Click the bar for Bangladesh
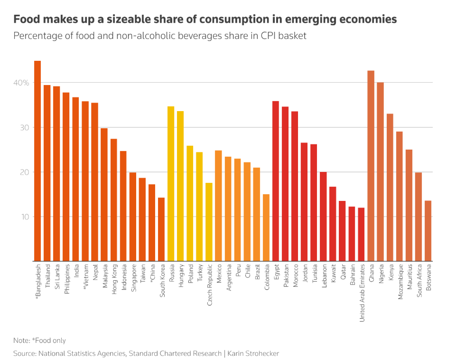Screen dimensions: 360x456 point(37,161)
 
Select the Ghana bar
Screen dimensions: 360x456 point(371,166)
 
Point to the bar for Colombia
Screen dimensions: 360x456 point(266,227)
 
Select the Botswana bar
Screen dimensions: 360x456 point(428,231)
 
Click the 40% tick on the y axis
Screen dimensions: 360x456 point(21,83)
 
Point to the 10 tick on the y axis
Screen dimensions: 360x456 point(24,217)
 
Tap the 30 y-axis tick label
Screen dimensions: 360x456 point(24,128)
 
